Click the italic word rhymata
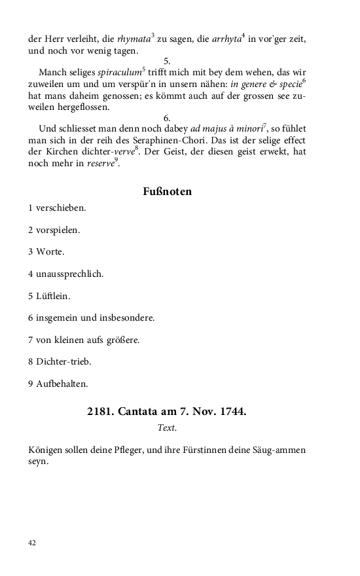134,39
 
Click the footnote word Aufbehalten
62,384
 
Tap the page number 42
32,542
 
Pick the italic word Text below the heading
167,428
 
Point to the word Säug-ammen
281,450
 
